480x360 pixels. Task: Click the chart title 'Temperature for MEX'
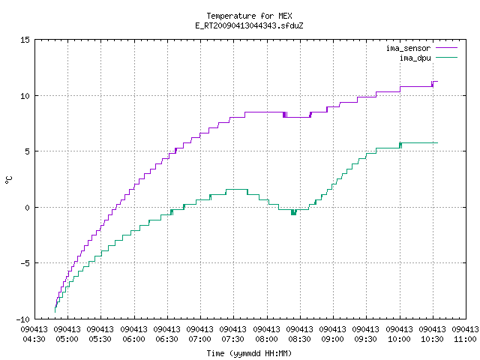click(249, 16)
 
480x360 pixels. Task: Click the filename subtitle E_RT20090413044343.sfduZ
click(249, 25)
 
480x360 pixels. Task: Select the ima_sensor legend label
click(408, 48)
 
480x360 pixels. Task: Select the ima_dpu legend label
click(415, 58)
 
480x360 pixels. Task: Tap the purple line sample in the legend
click(446, 48)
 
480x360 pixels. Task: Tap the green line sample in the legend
click(446, 58)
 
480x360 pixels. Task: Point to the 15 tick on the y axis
click(25, 40)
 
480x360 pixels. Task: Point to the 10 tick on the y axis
click(25, 96)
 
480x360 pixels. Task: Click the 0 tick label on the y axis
click(27, 208)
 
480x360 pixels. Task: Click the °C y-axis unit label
click(8, 180)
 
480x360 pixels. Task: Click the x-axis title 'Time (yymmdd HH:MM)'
click(249, 353)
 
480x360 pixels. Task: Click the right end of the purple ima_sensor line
click(438, 82)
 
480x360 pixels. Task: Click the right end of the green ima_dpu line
click(438, 143)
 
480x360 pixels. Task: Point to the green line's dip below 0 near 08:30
click(293, 212)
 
